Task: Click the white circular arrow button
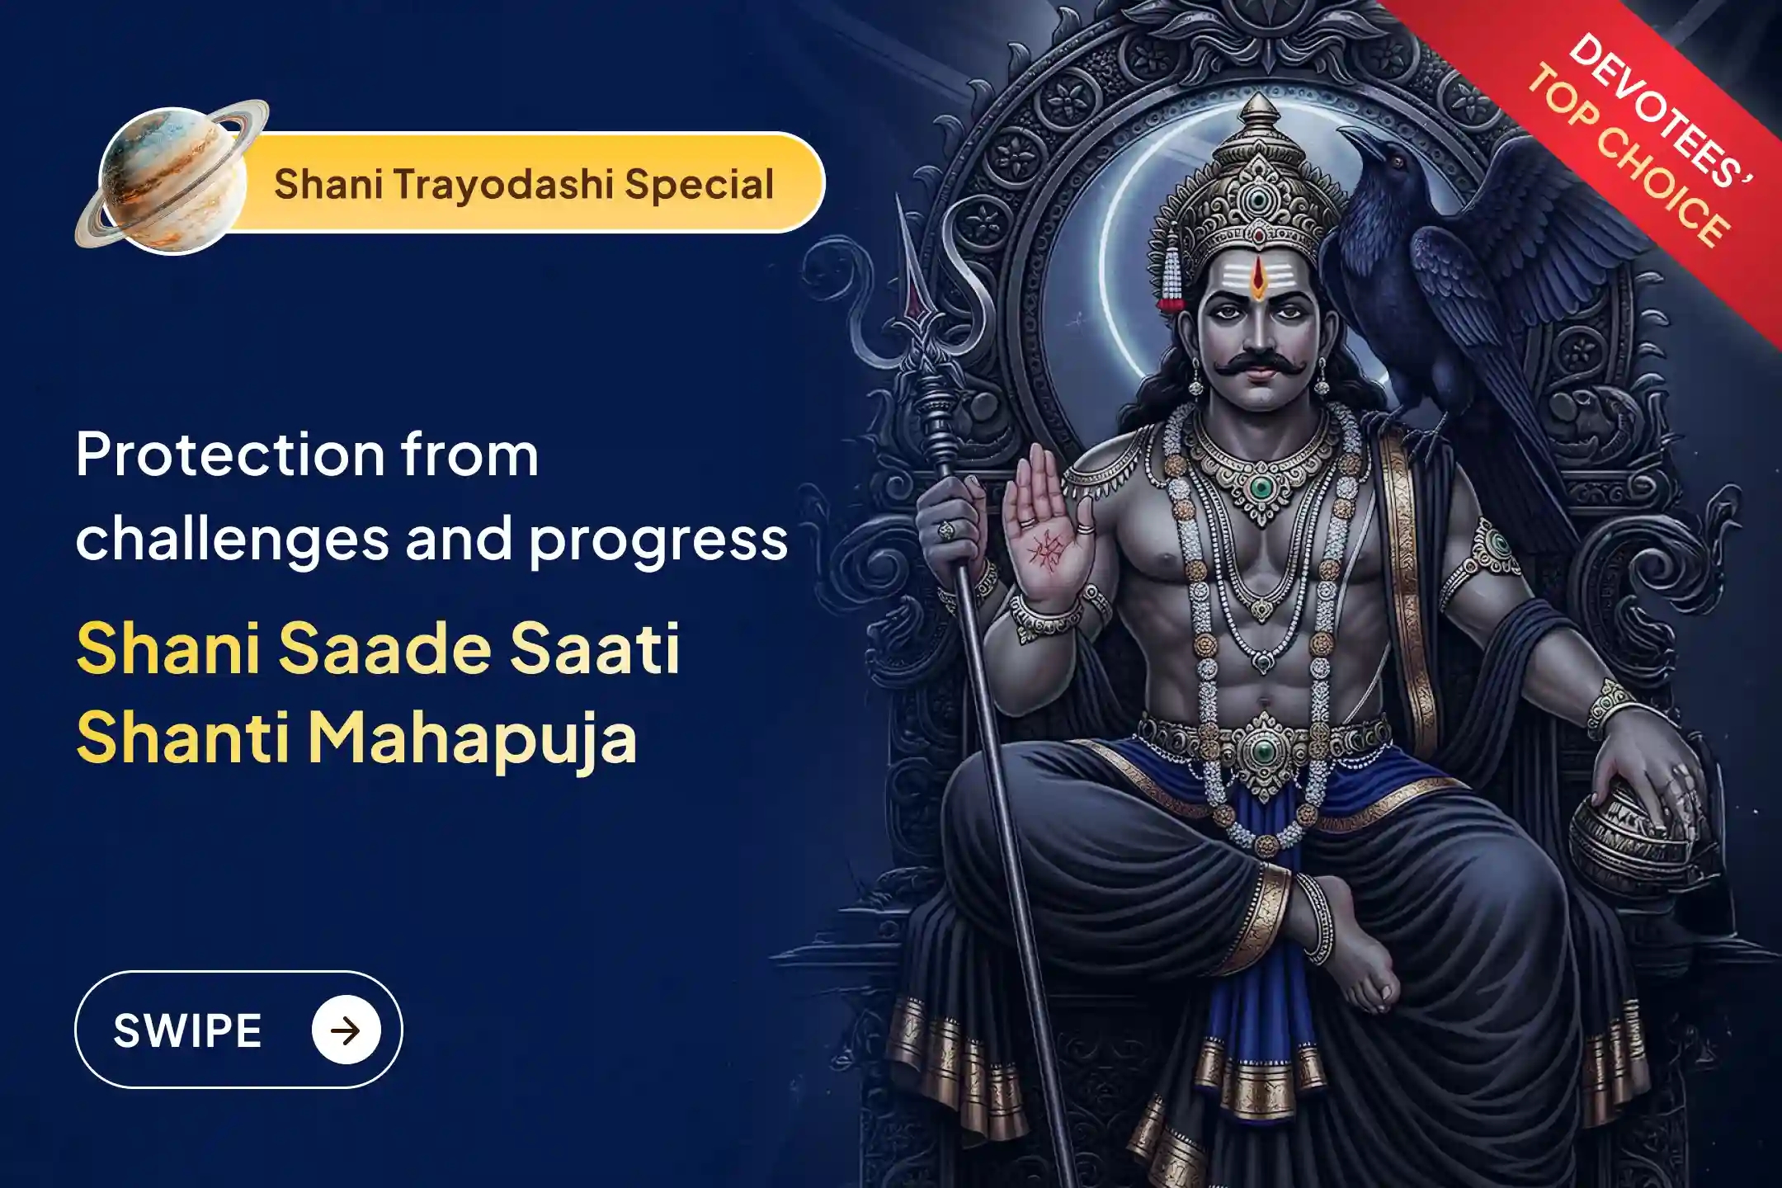point(346,1030)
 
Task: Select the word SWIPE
point(187,1030)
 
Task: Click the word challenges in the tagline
point(232,540)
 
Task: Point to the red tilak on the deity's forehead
point(1256,279)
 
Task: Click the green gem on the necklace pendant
point(1260,488)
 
